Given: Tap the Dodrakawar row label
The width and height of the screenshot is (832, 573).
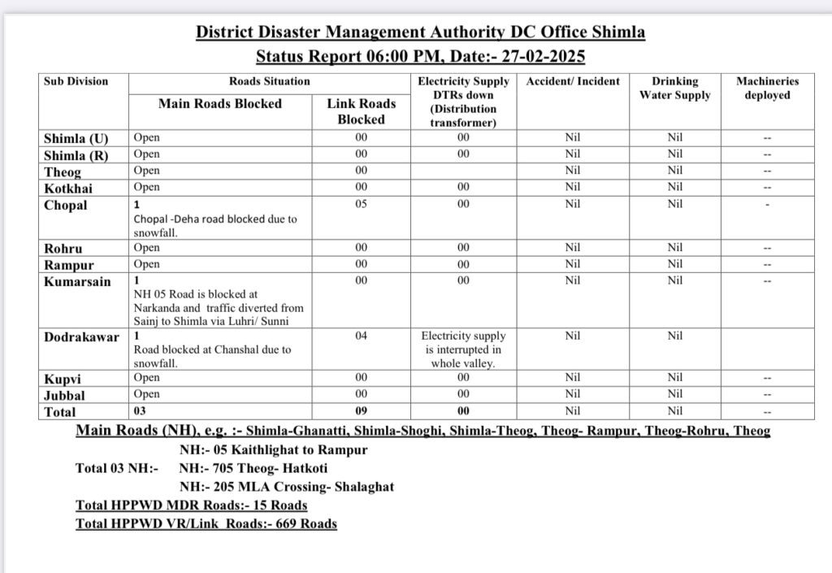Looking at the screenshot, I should (x=81, y=336).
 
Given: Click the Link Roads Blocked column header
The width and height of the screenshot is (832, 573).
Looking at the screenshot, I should (x=362, y=111).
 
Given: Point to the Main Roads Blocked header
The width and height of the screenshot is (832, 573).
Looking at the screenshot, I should (x=220, y=103).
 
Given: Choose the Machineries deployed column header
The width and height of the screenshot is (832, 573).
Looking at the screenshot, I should (x=767, y=88).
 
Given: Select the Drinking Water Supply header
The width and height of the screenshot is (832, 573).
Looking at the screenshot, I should (x=674, y=88).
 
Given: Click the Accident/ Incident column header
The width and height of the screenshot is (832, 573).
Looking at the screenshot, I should (x=573, y=81).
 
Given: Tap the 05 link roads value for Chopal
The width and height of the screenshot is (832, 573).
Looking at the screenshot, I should (x=362, y=204).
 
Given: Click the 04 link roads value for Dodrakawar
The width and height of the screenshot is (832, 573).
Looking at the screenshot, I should (x=362, y=335).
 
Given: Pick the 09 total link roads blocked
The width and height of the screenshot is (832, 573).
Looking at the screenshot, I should (x=362, y=411).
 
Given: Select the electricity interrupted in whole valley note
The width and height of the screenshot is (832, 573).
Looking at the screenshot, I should (x=463, y=349).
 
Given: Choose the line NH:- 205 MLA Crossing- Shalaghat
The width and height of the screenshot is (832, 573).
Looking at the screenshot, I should (x=286, y=487).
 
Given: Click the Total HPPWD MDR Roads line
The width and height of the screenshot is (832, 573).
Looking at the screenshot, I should (x=192, y=505).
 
